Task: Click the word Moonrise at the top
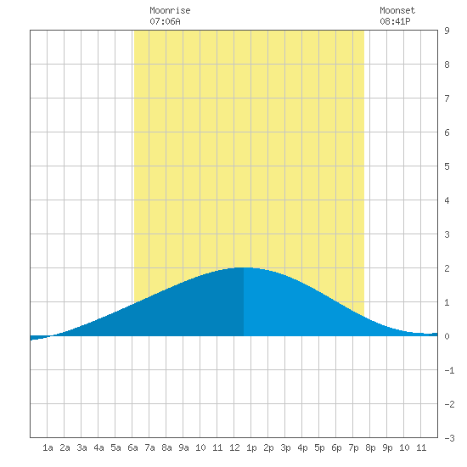tap(170, 10)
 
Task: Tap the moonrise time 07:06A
tap(165, 21)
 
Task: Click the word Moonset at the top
tap(397, 10)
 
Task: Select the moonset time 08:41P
tap(395, 21)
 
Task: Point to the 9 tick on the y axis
tap(447, 31)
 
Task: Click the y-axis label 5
tap(447, 166)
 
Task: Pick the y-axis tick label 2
tap(447, 268)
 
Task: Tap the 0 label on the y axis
tap(447, 336)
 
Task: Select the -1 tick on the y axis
tap(449, 370)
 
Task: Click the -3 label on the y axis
tap(449, 438)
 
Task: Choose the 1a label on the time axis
tap(48, 447)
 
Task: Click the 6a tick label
tap(132, 447)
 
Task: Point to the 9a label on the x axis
tap(183, 447)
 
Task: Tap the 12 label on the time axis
tap(234, 447)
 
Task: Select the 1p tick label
tap(251, 447)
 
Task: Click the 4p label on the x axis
tap(302, 447)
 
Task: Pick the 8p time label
tap(370, 447)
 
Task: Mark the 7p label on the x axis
tap(353, 447)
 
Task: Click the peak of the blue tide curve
tap(244, 267)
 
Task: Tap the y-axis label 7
tap(447, 98)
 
